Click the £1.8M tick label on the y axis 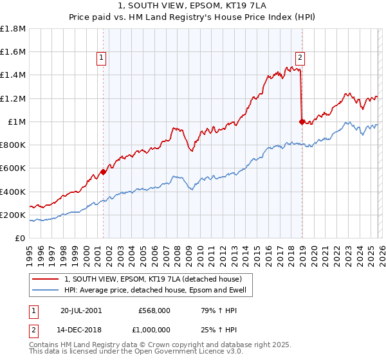pyautogui.click(x=14, y=29)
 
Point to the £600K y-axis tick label pyautogui.click(x=13, y=168)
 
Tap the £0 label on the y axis pyautogui.click(x=19, y=239)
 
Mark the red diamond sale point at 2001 pyautogui.click(x=103, y=172)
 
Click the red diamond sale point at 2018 pyautogui.click(x=302, y=122)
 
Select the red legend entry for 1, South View pyautogui.click(x=152, y=279)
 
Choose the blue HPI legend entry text pyautogui.click(x=159, y=291)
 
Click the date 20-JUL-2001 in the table pyautogui.click(x=81, y=310)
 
